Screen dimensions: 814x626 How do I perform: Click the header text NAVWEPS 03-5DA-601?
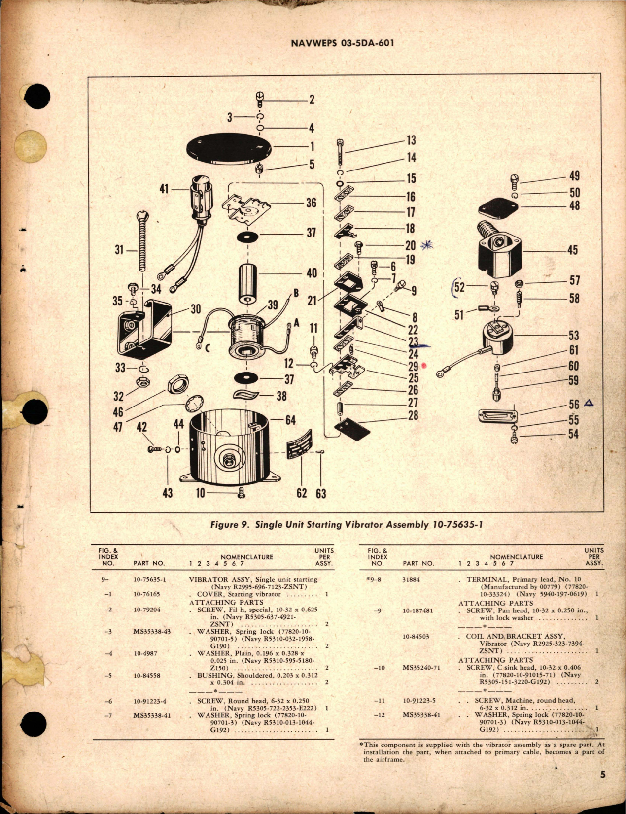(342, 43)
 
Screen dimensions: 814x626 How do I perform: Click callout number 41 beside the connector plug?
(164, 189)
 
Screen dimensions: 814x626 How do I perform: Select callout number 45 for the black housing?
(572, 250)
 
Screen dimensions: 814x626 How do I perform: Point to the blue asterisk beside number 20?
(426, 245)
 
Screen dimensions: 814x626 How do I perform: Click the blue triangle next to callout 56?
(588, 404)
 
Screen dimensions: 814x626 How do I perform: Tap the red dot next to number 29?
(424, 366)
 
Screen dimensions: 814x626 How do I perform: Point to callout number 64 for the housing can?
(290, 420)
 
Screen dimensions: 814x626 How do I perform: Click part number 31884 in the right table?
(411, 579)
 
